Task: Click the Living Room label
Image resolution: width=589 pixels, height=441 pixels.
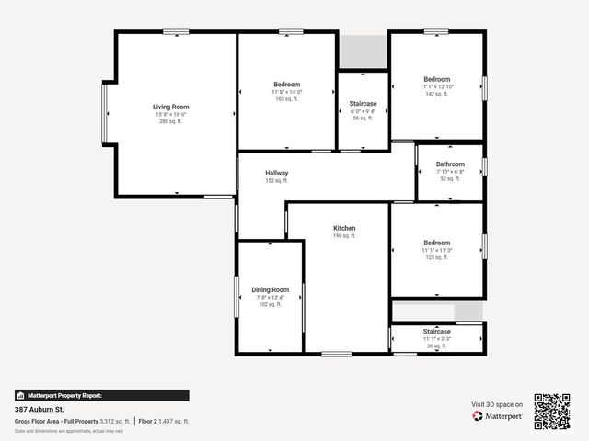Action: (x=170, y=107)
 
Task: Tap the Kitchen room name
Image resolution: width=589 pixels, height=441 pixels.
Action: (x=344, y=228)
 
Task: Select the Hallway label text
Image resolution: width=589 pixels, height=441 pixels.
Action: (x=277, y=173)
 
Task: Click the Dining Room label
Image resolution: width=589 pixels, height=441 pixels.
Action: (x=271, y=289)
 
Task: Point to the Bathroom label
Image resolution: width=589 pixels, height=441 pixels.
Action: (x=450, y=164)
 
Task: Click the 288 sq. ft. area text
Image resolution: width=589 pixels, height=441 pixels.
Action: (x=170, y=121)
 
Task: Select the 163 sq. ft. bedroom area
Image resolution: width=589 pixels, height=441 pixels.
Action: (x=286, y=99)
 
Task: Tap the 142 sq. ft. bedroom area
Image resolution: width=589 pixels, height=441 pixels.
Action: (x=436, y=94)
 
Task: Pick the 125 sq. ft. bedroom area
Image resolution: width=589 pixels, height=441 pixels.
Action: (x=436, y=257)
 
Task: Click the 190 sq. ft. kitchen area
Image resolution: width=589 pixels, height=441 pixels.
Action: (x=344, y=236)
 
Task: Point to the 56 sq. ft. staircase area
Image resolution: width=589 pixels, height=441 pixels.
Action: (x=363, y=119)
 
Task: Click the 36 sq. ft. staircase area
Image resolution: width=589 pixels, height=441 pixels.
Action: (x=437, y=346)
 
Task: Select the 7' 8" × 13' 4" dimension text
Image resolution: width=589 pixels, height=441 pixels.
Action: (x=271, y=297)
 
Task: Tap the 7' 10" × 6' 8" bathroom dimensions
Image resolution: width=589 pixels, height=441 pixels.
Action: (x=450, y=172)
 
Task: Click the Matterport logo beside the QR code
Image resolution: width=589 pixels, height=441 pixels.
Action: (x=498, y=416)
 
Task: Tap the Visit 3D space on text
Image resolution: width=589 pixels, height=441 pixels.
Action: (x=497, y=404)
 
